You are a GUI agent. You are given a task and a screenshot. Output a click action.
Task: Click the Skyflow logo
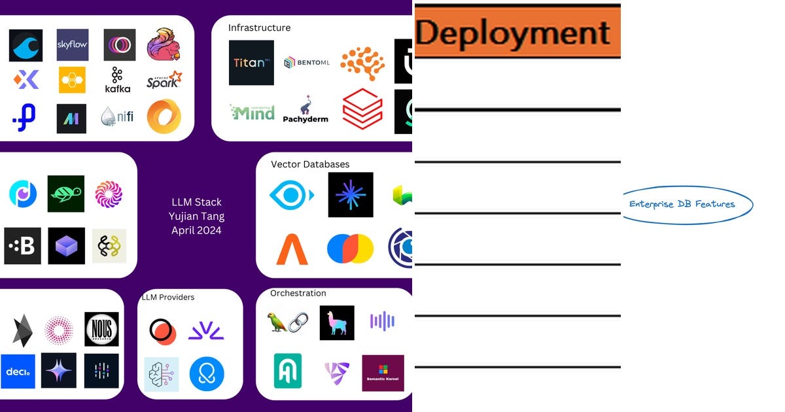click(x=73, y=45)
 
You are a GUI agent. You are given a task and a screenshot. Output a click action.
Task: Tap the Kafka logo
click(x=118, y=80)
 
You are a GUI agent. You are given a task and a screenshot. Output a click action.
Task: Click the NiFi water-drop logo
click(x=118, y=117)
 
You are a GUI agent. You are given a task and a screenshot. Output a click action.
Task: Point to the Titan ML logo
click(x=251, y=63)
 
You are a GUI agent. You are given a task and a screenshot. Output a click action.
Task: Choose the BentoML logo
click(x=306, y=63)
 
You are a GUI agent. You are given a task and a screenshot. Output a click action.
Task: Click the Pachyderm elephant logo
click(x=305, y=109)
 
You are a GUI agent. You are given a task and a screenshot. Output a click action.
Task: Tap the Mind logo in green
click(x=252, y=112)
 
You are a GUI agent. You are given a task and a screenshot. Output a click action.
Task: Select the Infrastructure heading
click(x=259, y=27)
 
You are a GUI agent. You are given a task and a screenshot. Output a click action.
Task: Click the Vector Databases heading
click(x=310, y=164)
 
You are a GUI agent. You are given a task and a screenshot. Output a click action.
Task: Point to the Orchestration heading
click(x=298, y=293)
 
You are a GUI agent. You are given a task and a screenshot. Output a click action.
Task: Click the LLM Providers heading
click(x=168, y=297)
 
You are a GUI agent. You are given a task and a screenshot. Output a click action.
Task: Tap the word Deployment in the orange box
click(x=513, y=33)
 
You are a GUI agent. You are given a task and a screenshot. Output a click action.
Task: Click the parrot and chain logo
click(x=288, y=322)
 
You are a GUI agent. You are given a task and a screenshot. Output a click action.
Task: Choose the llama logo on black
click(x=337, y=322)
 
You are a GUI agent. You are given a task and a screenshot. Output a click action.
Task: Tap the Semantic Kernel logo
click(x=383, y=373)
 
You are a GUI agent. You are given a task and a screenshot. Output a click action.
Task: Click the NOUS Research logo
click(x=101, y=329)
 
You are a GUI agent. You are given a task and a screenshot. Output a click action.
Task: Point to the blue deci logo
click(x=18, y=371)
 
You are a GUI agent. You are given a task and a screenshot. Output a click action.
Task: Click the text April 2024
click(x=196, y=230)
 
